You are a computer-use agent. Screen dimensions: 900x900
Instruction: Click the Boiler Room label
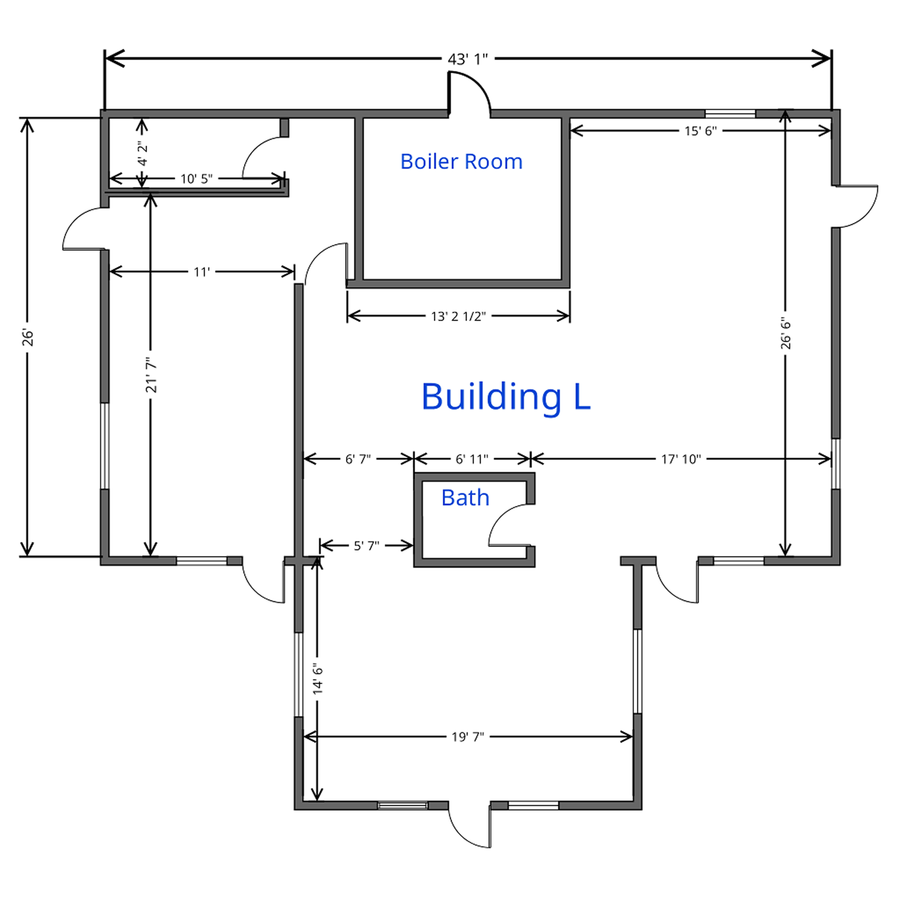pyautogui.click(x=461, y=162)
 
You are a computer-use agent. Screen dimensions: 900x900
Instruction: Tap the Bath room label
pyautogui.click(x=465, y=498)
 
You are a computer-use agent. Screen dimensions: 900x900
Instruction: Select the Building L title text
pyautogui.click(x=506, y=396)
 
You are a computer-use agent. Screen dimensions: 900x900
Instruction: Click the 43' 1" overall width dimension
pyautogui.click(x=467, y=59)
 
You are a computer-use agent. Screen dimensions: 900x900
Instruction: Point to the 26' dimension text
pyautogui.click(x=29, y=338)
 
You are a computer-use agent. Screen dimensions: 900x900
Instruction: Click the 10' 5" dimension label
pyautogui.click(x=196, y=179)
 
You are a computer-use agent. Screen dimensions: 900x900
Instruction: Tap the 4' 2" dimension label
pyautogui.click(x=142, y=153)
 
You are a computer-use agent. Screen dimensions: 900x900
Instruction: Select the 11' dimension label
pyautogui.click(x=202, y=272)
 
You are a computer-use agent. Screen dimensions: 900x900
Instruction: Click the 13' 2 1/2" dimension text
pyautogui.click(x=458, y=317)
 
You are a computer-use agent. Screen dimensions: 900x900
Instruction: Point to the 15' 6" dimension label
pyautogui.click(x=700, y=131)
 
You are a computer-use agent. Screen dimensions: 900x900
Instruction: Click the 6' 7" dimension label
pyautogui.click(x=358, y=459)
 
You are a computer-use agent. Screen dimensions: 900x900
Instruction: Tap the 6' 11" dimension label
pyautogui.click(x=472, y=459)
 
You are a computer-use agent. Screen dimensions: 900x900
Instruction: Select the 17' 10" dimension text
pyautogui.click(x=681, y=459)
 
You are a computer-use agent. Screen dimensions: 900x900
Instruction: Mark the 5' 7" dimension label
pyautogui.click(x=367, y=545)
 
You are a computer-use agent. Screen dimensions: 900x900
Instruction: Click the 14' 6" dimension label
pyautogui.click(x=318, y=679)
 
